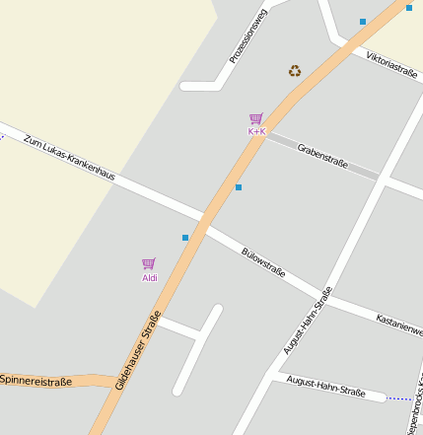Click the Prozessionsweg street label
[x=247, y=36]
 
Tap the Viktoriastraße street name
[x=390, y=64]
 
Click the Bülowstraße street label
[x=263, y=261]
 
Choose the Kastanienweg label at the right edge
[x=399, y=324]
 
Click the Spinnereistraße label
[x=36, y=380]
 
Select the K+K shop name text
[x=256, y=131]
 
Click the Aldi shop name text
[x=150, y=278]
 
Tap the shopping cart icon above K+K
[x=256, y=118]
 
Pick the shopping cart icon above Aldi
[x=149, y=263]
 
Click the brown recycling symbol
[x=295, y=71]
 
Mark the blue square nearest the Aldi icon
[x=185, y=237]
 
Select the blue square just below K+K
[x=238, y=186]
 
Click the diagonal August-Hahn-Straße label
[x=308, y=321]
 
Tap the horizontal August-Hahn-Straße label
[x=325, y=386]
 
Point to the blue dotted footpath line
[x=398, y=399]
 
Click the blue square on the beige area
[x=408, y=7]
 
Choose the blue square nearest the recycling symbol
[x=363, y=21]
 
